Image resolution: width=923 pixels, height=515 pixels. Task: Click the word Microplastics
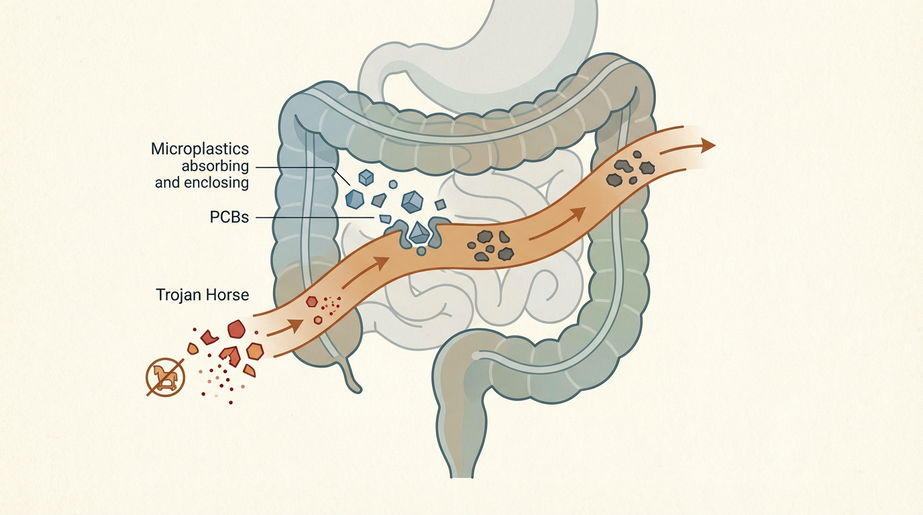200,148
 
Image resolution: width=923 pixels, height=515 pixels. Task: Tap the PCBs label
228,217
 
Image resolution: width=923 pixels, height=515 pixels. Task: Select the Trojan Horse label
202,294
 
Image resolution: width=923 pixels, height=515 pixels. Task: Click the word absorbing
215,166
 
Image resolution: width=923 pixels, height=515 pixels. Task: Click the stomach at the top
537,40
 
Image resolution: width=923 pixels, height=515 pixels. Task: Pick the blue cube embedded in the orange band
419,233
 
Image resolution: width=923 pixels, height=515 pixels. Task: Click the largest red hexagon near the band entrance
236,329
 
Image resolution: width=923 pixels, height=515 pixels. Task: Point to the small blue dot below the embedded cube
421,251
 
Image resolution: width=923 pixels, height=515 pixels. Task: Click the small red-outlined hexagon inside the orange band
312,302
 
